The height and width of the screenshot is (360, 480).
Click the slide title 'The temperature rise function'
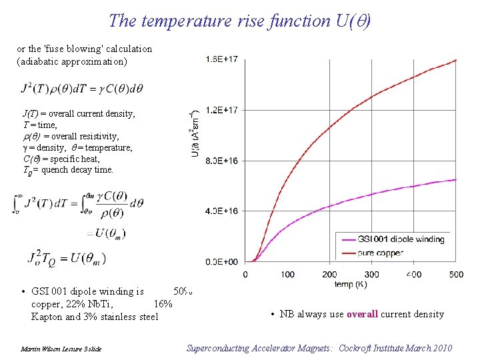pos(217,21)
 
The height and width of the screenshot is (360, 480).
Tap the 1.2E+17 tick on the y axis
pos(222,110)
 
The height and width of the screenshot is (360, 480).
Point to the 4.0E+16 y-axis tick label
pos(222,211)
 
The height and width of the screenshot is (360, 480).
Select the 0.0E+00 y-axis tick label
pos(222,262)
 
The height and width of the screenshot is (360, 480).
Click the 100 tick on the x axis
pos(287,275)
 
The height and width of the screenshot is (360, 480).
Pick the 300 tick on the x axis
pos(372,275)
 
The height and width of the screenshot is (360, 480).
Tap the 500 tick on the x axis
pos(456,275)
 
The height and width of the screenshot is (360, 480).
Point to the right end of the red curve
pos(456,60)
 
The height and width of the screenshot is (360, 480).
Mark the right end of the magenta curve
pos(456,179)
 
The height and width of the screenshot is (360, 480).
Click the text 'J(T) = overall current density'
pos(79,114)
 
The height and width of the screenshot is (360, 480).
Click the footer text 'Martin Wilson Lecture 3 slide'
pos(61,349)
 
